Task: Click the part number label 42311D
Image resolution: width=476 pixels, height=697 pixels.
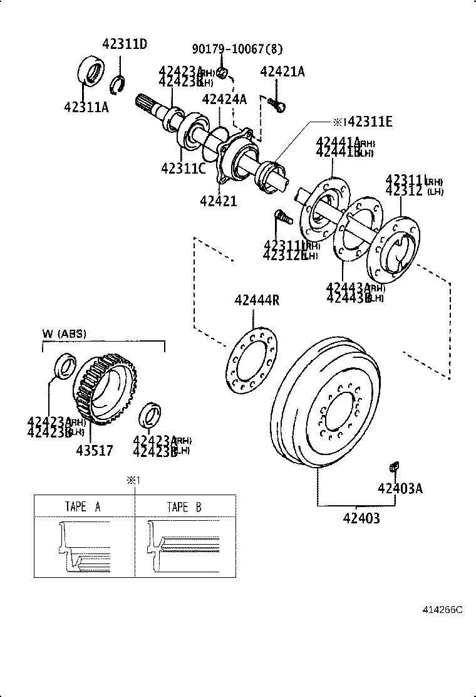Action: pyautogui.click(x=125, y=44)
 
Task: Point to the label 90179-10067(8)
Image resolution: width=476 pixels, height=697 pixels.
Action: pyautogui.click(x=237, y=50)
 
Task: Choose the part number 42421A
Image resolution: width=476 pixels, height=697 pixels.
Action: pyautogui.click(x=282, y=72)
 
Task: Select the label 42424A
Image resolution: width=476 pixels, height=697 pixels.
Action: pyautogui.click(x=224, y=98)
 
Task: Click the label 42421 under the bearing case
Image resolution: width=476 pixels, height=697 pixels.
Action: pyautogui.click(x=219, y=201)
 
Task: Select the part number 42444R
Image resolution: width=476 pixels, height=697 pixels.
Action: pyautogui.click(x=257, y=300)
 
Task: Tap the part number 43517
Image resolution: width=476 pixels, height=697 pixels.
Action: pyautogui.click(x=95, y=450)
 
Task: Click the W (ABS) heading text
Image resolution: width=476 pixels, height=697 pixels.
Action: pyautogui.click(x=65, y=333)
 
